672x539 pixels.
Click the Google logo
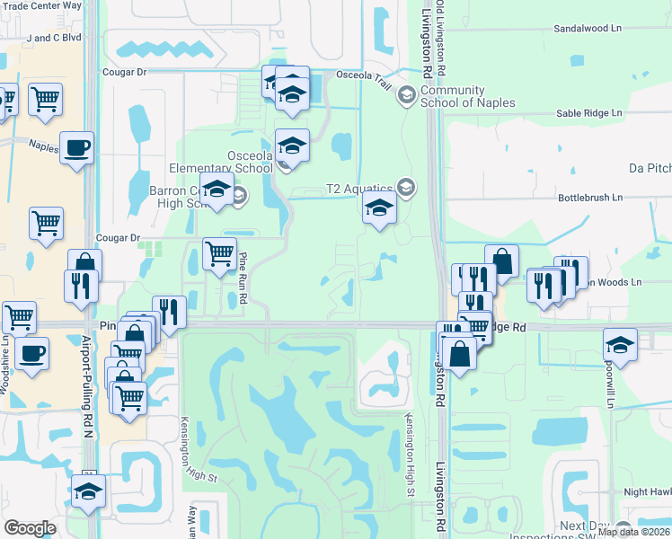[x=31, y=528]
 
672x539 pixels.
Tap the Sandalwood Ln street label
[x=588, y=29]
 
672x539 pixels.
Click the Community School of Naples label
[x=467, y=96]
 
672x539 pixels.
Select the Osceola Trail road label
[x=365, y=78]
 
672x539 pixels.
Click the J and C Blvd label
[x=54, y=39]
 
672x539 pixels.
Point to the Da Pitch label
[x=650, y=168]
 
